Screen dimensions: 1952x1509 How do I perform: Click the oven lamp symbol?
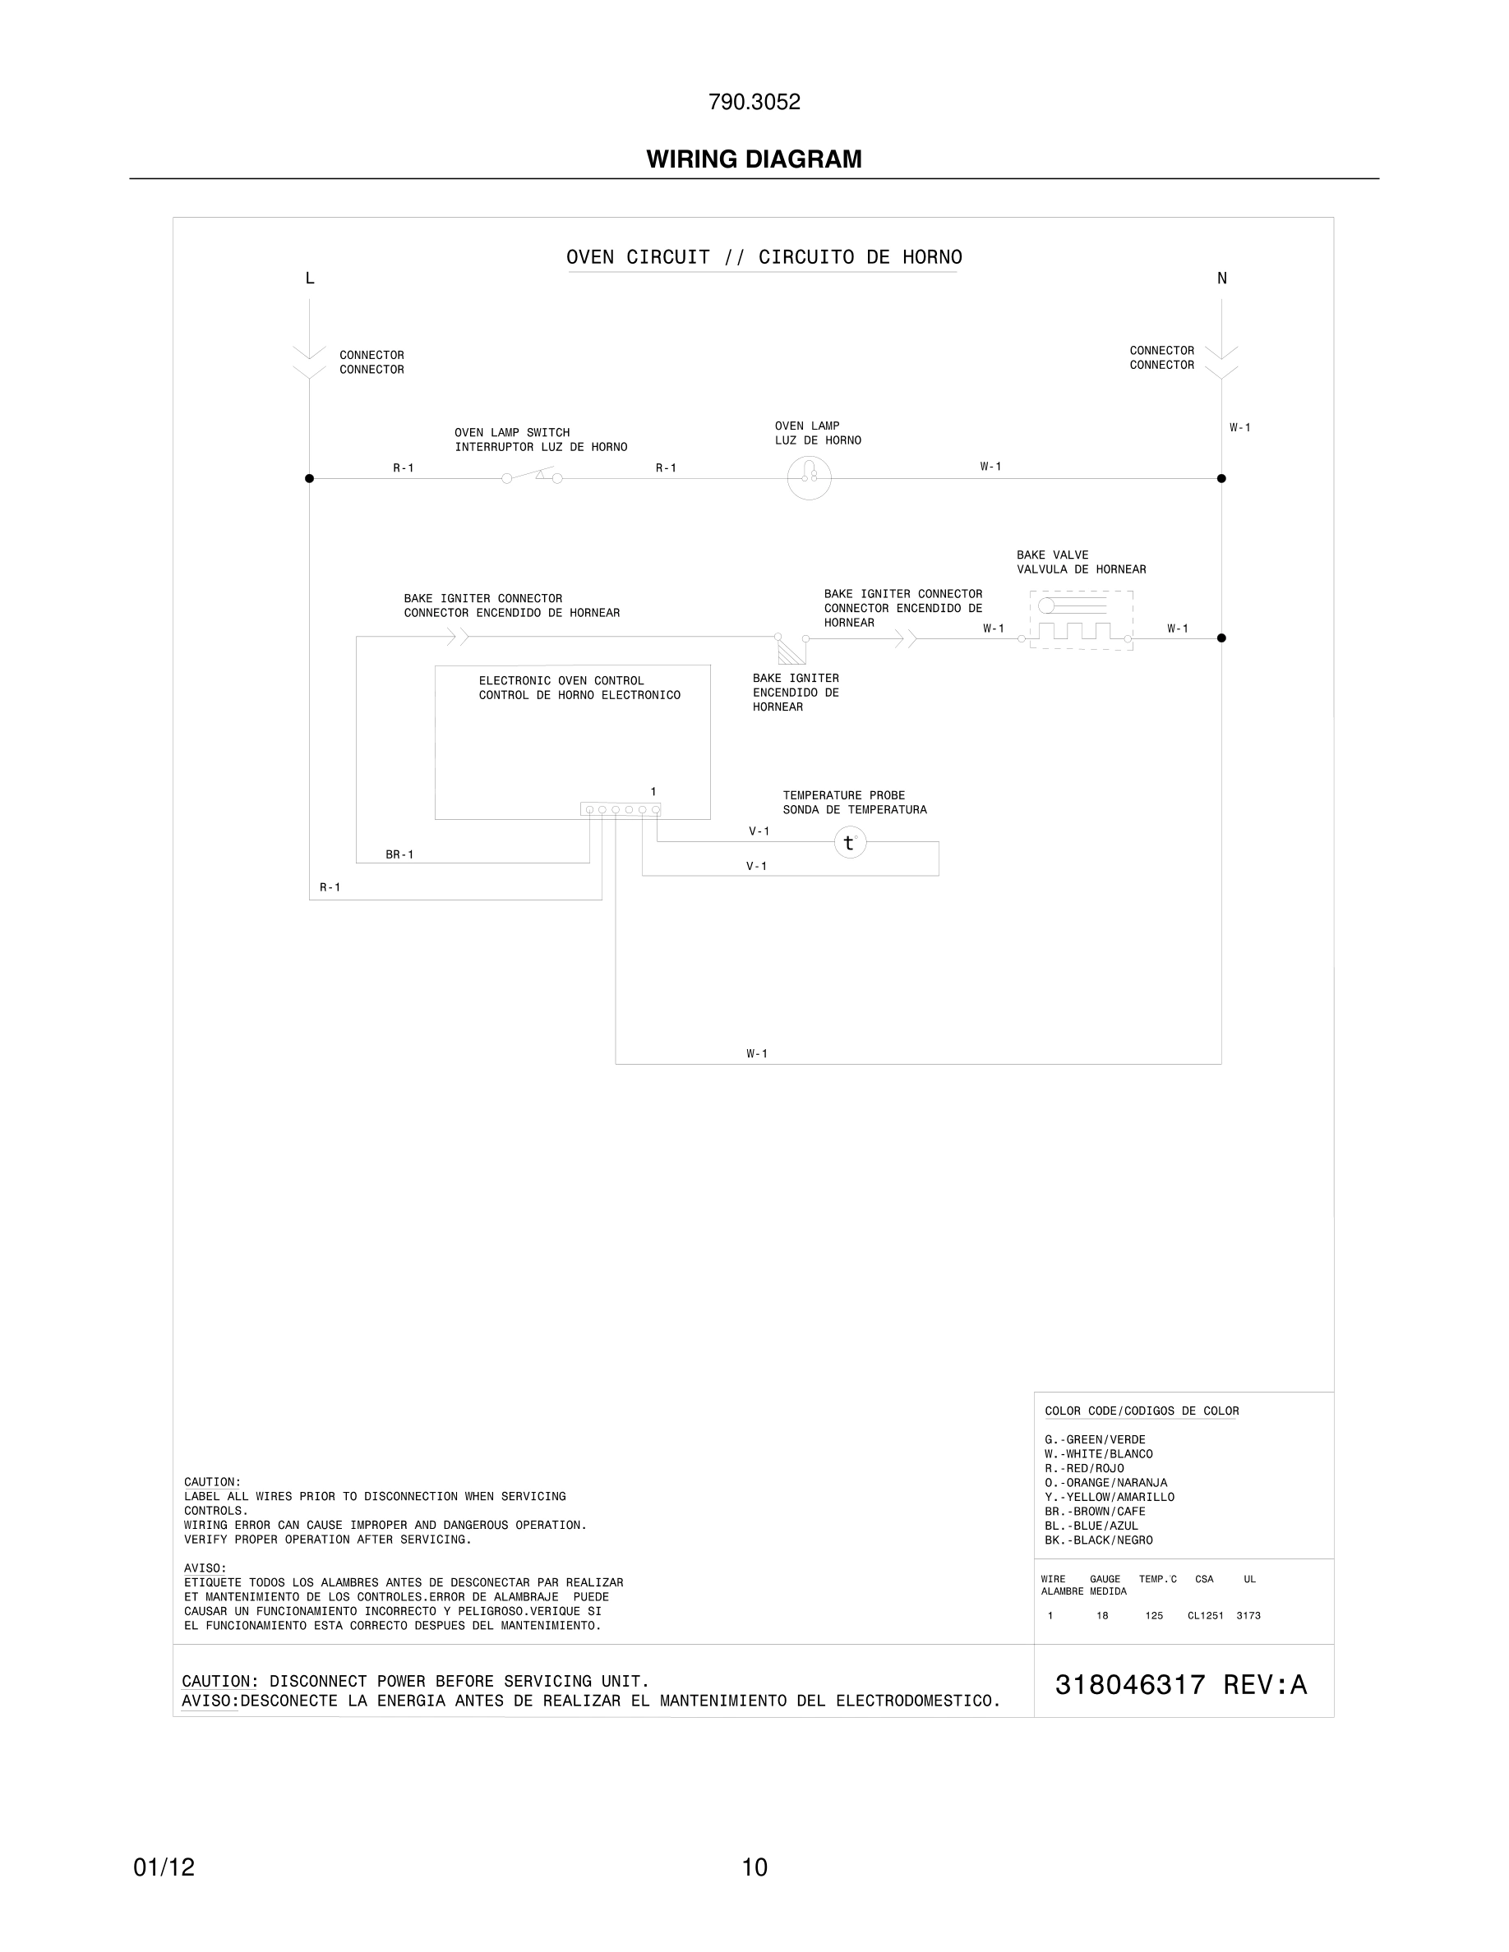(x=809, y=477)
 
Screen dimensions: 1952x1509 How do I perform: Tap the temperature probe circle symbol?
(x=850, y=842)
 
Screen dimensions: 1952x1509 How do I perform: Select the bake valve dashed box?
(x=1081, y=619)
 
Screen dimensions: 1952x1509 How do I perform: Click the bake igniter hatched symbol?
(x=791, y=650)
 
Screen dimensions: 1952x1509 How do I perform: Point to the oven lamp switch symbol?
(x=532, y=476)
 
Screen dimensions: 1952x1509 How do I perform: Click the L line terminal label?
(x=310, y=278)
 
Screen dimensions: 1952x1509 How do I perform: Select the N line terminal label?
(x=1222, y=278)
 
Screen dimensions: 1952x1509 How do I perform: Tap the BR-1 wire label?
(x=399, y=854)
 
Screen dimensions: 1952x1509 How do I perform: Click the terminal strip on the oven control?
(x=621, y=809)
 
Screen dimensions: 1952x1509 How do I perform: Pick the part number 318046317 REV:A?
(x=1181, y=1684)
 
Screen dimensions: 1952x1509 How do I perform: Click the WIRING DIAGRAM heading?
(x=754, y=159)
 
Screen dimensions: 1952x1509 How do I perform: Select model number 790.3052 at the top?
(x=754, y=102)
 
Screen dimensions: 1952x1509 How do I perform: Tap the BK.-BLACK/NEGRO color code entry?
(x=1098, y=1540)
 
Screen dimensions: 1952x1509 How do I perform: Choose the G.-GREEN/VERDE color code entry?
(x=1094, y=1440)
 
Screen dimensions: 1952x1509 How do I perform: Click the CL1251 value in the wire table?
(x=1205, y=1615)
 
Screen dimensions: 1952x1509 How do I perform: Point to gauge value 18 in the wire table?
(x=1102, y=1615)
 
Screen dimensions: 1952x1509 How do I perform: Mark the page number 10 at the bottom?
(x=754, y=1867)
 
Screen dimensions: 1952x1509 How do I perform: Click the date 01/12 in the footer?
(x=164, y=1867)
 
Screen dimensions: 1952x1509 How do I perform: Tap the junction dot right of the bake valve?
(x=1221, y=638)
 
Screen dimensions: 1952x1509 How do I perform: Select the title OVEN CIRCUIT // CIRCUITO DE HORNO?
(x=764, y=257)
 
